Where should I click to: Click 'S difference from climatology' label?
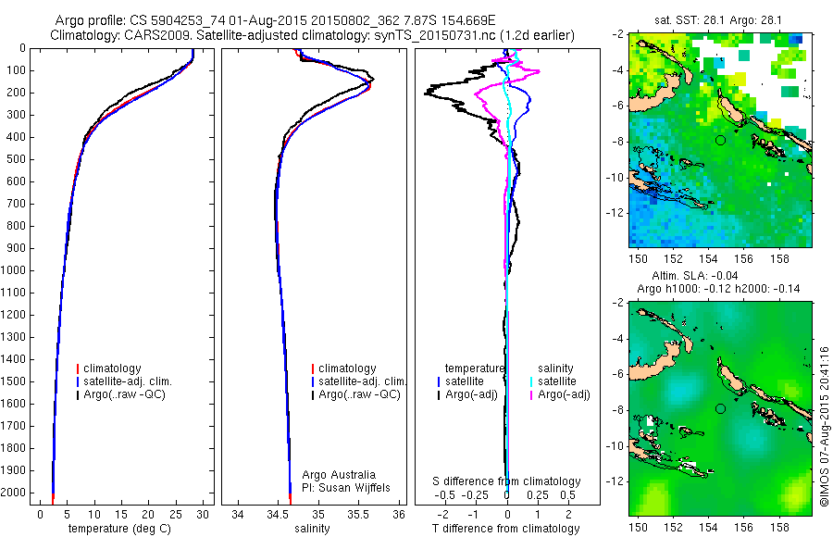coord(507,481)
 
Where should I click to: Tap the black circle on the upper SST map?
coord(720,140)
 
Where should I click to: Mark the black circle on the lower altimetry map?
coord(720,408)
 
